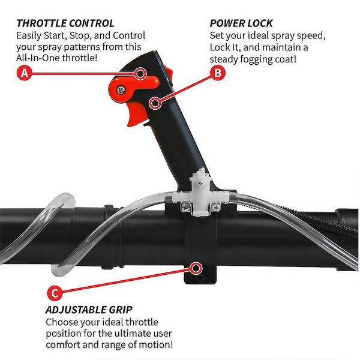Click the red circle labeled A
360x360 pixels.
(25, 73)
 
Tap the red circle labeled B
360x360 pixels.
(218, 73)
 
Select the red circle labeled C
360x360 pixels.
(55, 293)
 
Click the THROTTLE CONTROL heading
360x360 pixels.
(65, 23)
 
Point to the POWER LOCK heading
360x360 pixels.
(241, 23)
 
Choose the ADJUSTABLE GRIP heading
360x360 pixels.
(89, 310)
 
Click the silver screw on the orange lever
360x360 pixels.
(121, 90)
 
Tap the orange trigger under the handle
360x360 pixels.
(137, 113)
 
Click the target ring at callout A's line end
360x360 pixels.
(140, 74)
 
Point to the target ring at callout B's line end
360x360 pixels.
(155, 103)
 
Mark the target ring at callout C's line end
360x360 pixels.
(196, 268)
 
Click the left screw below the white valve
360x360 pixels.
(185, 207)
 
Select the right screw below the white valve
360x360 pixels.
(216, 207)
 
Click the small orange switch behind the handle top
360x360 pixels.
(168, 73)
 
